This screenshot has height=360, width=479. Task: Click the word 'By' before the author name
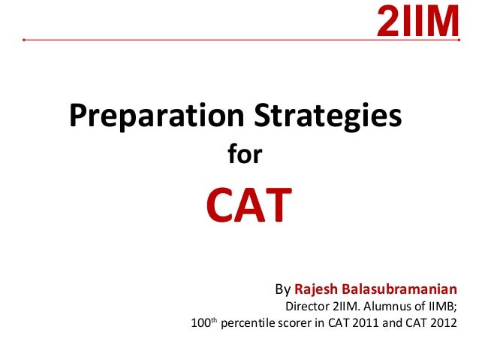(282, 289)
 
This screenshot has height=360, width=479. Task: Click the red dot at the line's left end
(25, 39)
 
